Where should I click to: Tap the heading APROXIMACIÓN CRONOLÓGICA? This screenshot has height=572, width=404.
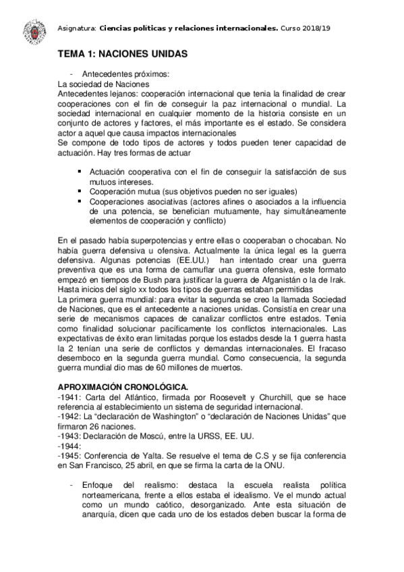click(122, 386)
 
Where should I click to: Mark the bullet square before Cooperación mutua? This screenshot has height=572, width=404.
click(82, 192)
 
